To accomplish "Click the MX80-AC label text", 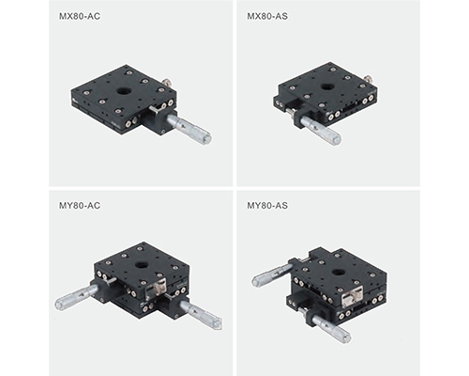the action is [x=80, y=16].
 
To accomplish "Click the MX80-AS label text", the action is [x=267, y=16].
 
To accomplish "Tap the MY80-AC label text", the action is [x=80, y=206].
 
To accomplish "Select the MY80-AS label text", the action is [x=267, y=206].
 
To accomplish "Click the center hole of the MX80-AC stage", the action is [x=123, y=91].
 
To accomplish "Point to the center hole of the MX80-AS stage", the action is [x=327, y=86].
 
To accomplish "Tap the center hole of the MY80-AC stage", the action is [x=141, y=266].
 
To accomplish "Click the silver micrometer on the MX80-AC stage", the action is [x=189, y=129].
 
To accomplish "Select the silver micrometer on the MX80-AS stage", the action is [x=321, y=131].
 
